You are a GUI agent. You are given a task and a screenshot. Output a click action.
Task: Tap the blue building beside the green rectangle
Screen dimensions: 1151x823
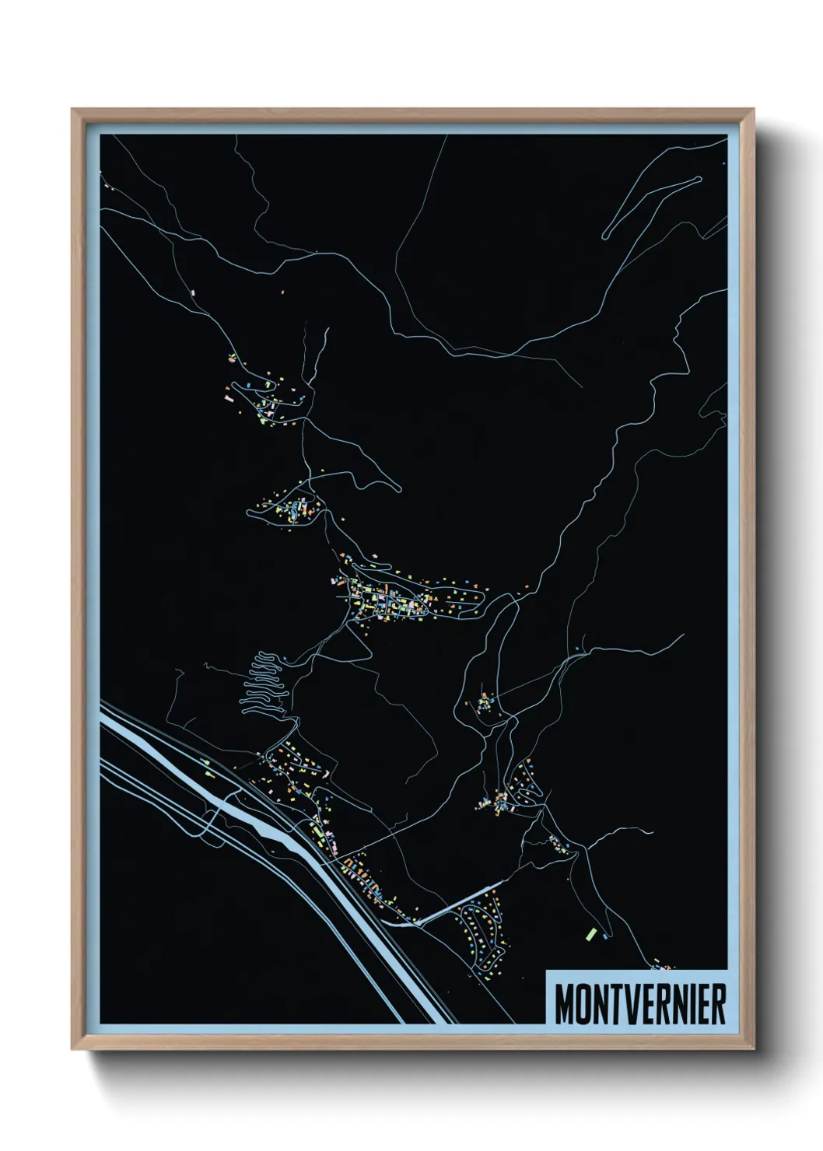click(x=603, y=938)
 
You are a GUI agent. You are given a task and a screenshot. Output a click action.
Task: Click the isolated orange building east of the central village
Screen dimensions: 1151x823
click(x=527, y=586)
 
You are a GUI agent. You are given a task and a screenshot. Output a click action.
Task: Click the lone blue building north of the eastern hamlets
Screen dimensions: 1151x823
click(x=580, y=648)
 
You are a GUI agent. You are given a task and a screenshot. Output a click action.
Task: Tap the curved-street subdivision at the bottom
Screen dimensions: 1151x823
click(x=482, y=933)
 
